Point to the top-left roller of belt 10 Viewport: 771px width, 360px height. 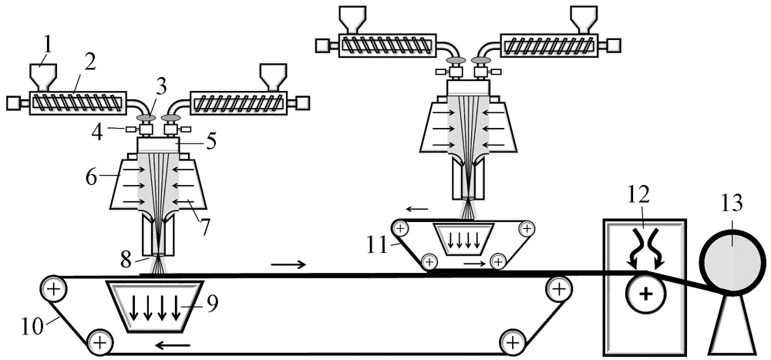click(x=53, y=290)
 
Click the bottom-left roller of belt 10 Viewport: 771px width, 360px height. click(x=99, y=340)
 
